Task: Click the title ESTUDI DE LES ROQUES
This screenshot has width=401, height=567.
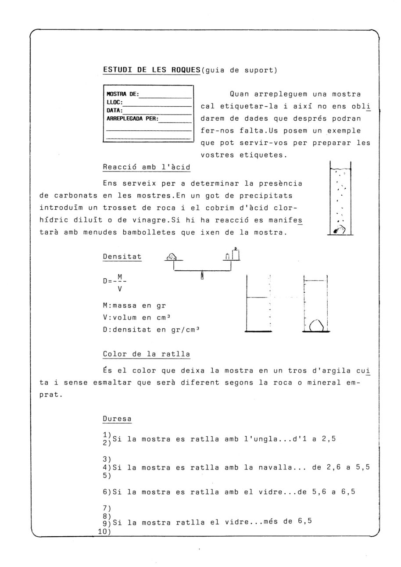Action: [151, 70]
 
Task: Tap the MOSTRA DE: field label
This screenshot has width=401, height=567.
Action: [123, 93]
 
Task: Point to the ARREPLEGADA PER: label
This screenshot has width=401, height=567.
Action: [132, 118]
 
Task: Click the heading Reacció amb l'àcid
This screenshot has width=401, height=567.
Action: [147, 167]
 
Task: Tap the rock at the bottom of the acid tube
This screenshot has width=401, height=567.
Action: [340, 229]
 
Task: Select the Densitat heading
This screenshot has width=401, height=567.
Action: [122, 256]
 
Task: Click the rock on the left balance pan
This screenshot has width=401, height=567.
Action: [172, 256]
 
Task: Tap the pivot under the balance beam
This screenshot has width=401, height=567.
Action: [202, 276]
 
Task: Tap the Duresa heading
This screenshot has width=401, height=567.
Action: [117, 419]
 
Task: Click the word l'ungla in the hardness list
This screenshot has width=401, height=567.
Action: [262, 438]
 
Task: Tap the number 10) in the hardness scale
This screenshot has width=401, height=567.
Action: [105, 532]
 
